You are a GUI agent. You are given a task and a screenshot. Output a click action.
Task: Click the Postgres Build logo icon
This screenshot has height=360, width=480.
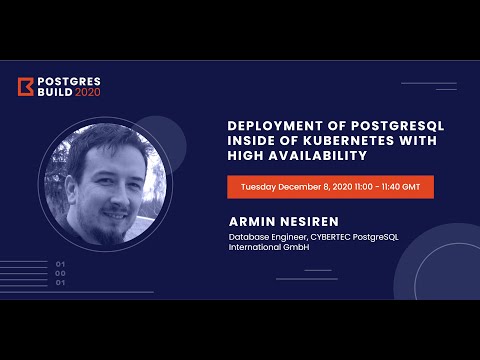pos(26,87)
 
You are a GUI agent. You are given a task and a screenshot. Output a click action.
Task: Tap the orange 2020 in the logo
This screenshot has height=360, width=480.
pos(88,93)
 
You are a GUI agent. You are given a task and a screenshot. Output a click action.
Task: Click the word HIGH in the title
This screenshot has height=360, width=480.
pos(246,157)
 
